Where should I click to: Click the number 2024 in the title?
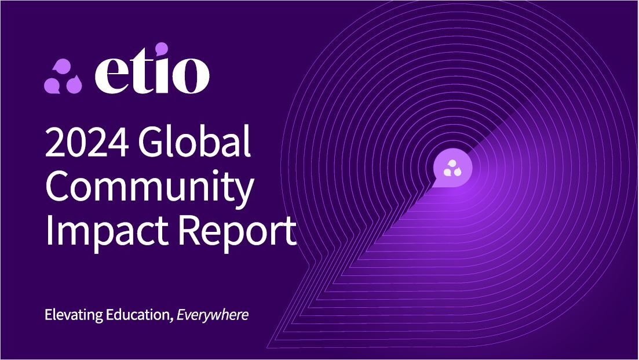87,142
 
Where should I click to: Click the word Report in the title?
238,230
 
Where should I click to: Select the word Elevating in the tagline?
74,315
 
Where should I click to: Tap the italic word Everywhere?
212,315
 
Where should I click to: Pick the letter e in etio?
109,76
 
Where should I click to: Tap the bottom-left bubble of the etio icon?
53,85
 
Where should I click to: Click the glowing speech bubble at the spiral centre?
452,168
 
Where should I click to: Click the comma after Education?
171,319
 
